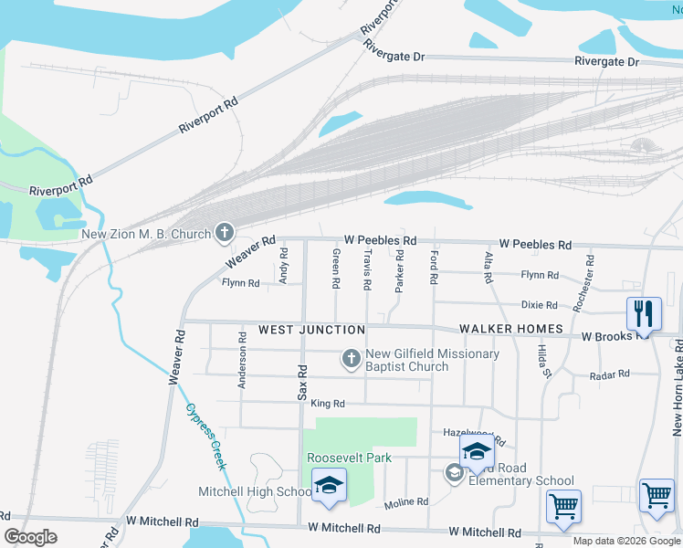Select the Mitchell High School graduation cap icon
(328, 487)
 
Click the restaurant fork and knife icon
(644, 315)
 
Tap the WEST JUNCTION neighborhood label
(311, 329)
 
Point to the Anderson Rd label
(243, 361)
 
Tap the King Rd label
(327, 403)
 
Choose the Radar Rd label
(611, 374)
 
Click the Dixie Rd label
(539, 305)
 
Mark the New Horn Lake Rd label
(678, 394)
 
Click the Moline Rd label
(406, 502)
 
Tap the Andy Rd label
(284, 265)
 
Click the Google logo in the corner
(30, 537)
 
